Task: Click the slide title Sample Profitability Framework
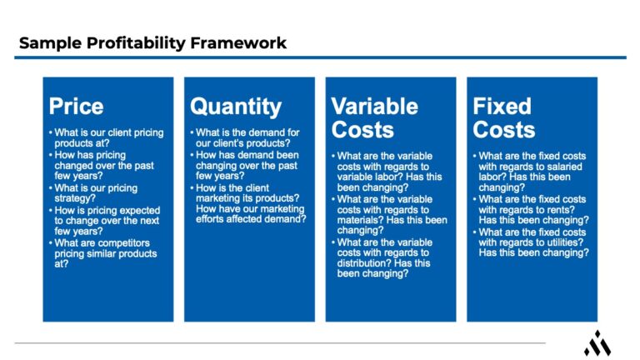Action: (152, 43)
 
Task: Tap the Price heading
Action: (77, 106)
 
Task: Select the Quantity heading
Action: (236, 106)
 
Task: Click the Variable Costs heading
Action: (373, 117)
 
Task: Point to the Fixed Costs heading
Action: (504, 117)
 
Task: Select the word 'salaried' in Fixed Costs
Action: (572, 166)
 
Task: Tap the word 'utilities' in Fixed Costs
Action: (552, 242)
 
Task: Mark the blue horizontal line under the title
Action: (320, 57)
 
